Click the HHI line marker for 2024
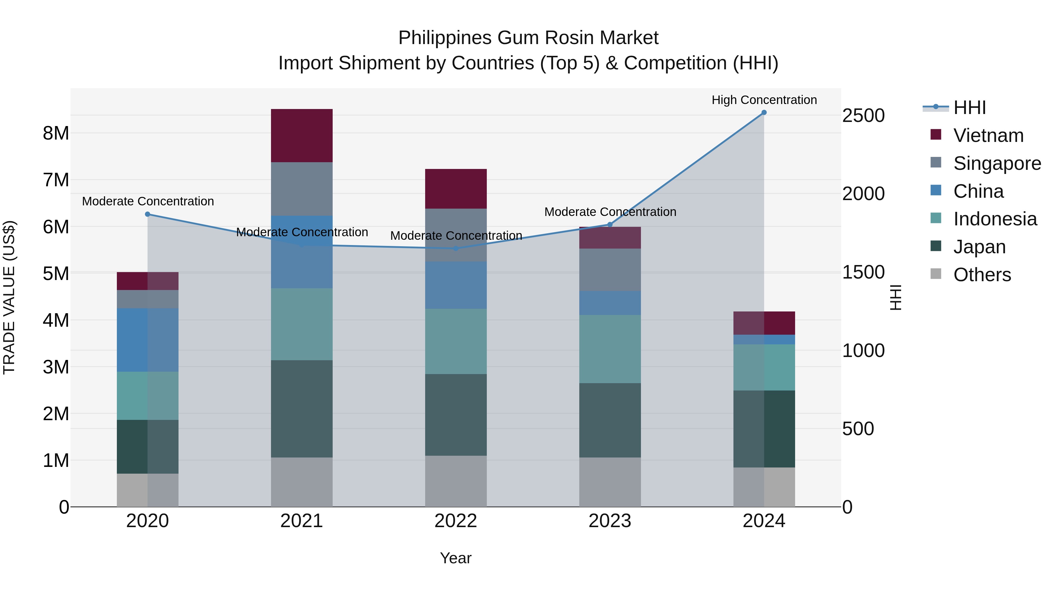764,113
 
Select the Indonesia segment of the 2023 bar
610,349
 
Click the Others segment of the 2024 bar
764,487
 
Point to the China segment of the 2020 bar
148,340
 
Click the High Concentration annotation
764,100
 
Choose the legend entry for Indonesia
995,219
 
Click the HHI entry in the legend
969,108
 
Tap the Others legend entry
982,275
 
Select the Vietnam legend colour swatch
936,135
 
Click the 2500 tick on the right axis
863,115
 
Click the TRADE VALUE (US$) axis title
9,297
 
